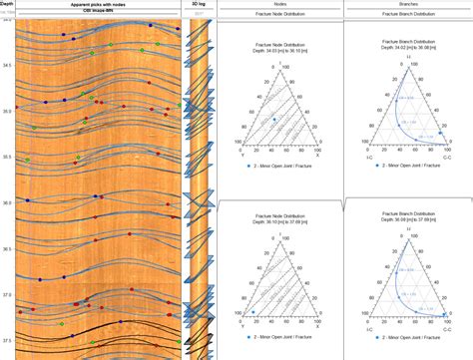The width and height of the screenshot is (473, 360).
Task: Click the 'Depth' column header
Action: coord(8,4)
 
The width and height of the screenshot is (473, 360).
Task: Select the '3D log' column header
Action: coord(200,4)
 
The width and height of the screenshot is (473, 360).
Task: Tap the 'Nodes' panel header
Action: coord(280,4)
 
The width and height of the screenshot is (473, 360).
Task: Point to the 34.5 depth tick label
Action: coord(8,65)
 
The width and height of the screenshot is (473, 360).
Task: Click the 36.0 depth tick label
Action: coord(8,202)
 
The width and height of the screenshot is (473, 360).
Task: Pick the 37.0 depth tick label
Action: coord(8,295)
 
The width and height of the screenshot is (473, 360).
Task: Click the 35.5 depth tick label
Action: coord(8,157)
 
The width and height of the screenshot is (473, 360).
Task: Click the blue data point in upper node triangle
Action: coord(272,120)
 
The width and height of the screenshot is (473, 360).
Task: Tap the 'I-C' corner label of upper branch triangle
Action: coord(370,158)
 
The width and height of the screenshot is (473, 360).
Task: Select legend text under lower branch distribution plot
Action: coord(411,356)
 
